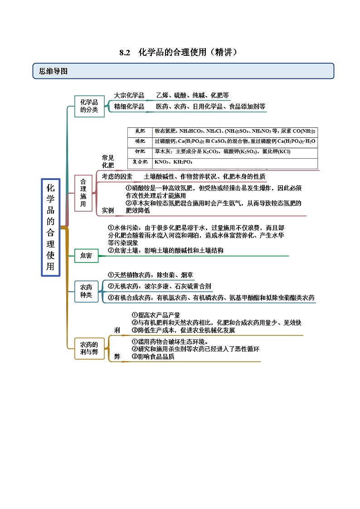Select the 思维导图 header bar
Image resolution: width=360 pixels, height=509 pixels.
click(x=183, y=71)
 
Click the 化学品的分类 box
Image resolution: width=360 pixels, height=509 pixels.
click(x=89, y=106)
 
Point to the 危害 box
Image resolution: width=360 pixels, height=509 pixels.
click(x=86, y=256)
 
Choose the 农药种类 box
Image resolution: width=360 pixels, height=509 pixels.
click(x=86, y=291)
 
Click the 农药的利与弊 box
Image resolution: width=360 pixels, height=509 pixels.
click(x=89, y=348)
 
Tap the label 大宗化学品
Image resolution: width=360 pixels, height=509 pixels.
click(x=129, y=96)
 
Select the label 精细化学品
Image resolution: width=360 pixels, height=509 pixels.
click(x=129, y=107)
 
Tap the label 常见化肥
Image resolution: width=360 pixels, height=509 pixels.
click(x=108, y=161)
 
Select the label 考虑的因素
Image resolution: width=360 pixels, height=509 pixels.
click(x=117, y=177)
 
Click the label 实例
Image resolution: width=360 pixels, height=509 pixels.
click(x=108, y=210)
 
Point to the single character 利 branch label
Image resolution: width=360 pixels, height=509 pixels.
click(x=117, y=330)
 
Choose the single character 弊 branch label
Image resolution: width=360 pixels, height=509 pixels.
click(x=117, y=357)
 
